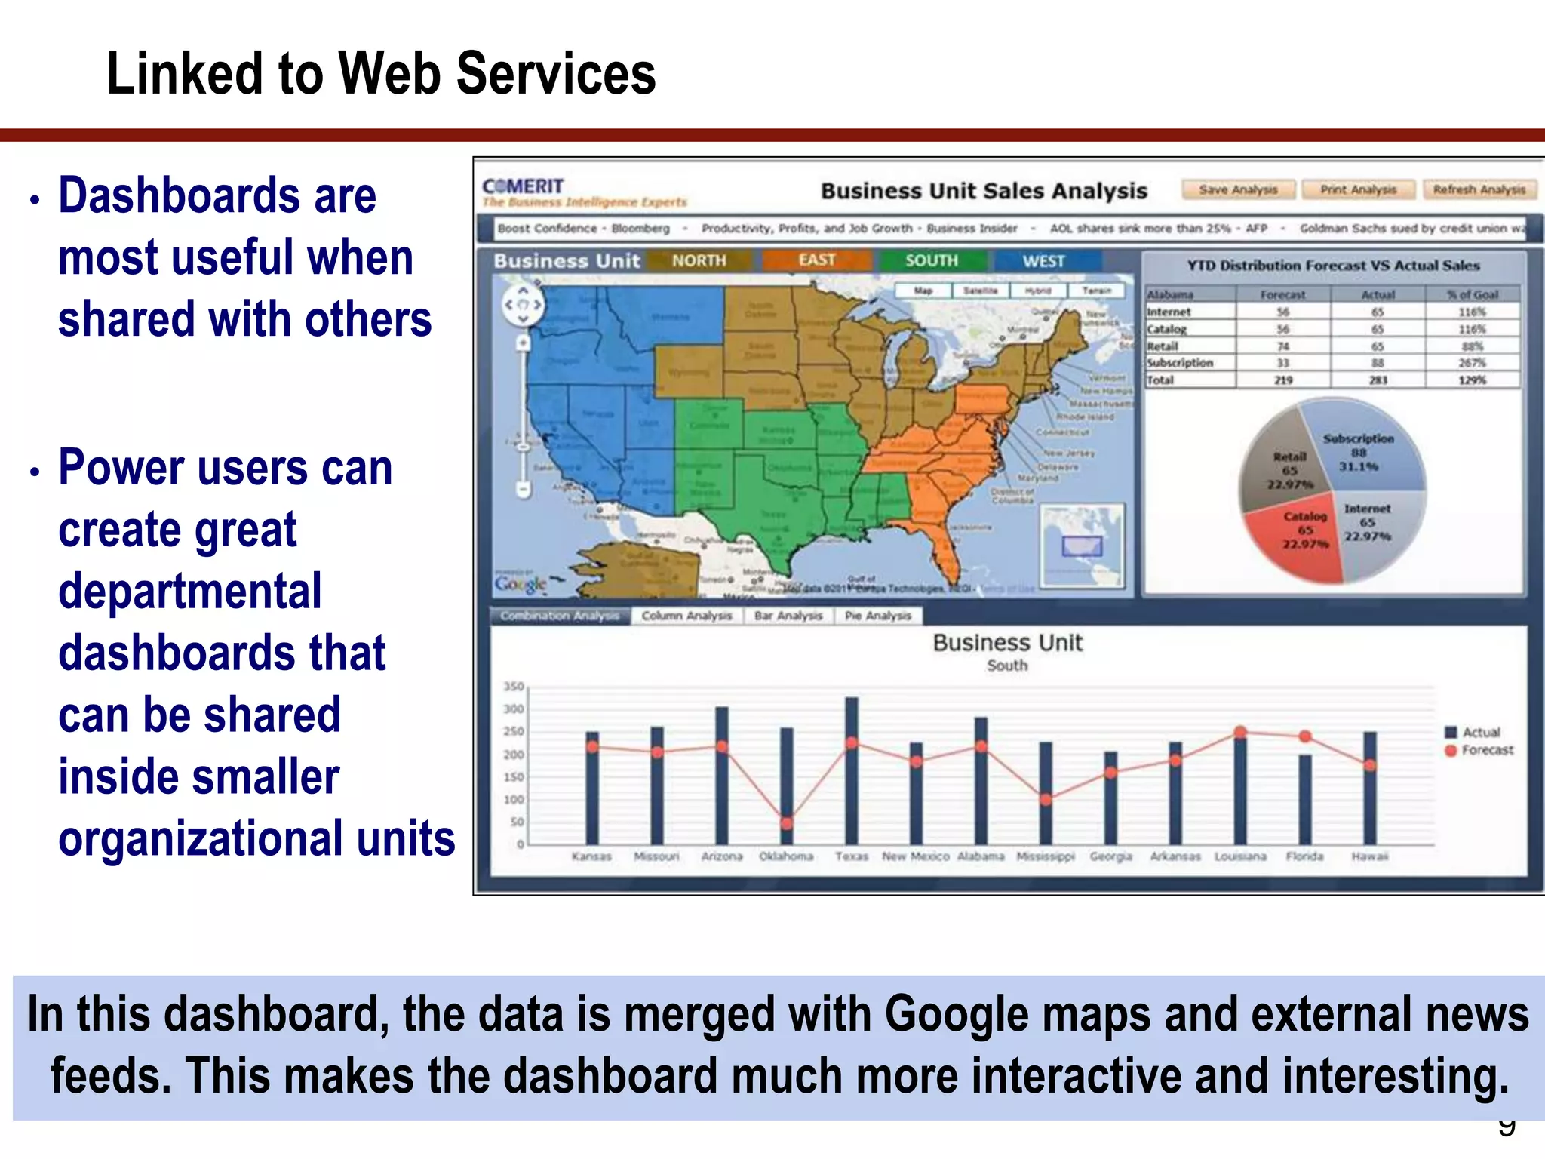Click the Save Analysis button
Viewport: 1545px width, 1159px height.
(1238, 190)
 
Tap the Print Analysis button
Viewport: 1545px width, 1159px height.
(1358, 190)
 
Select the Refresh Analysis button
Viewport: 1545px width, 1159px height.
(1479, 190)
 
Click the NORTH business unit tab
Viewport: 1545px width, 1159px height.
(699, 261)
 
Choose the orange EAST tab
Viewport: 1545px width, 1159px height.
(817, 260)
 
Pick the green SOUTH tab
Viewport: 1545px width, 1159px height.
(931, 261)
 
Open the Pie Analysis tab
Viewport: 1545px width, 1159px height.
(877, 616)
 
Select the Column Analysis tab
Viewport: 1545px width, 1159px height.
(686, 616)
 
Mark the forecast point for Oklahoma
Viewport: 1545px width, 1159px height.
(787, 823)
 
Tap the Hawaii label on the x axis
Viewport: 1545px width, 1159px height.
(1369, 856)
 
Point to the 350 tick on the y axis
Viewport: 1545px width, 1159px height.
(514, 687)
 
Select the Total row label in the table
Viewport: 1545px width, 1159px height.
(1160, 380)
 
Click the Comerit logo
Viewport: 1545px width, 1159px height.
(524, 186)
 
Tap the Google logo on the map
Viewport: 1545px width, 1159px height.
(521, 583)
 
